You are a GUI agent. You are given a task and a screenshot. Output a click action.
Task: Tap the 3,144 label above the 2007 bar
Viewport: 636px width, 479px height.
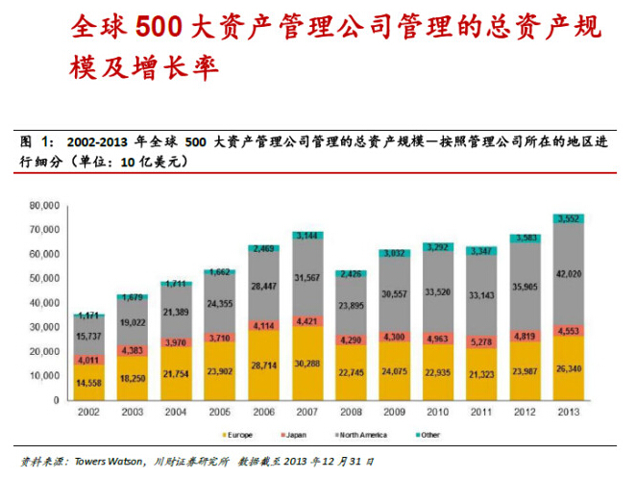308,236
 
